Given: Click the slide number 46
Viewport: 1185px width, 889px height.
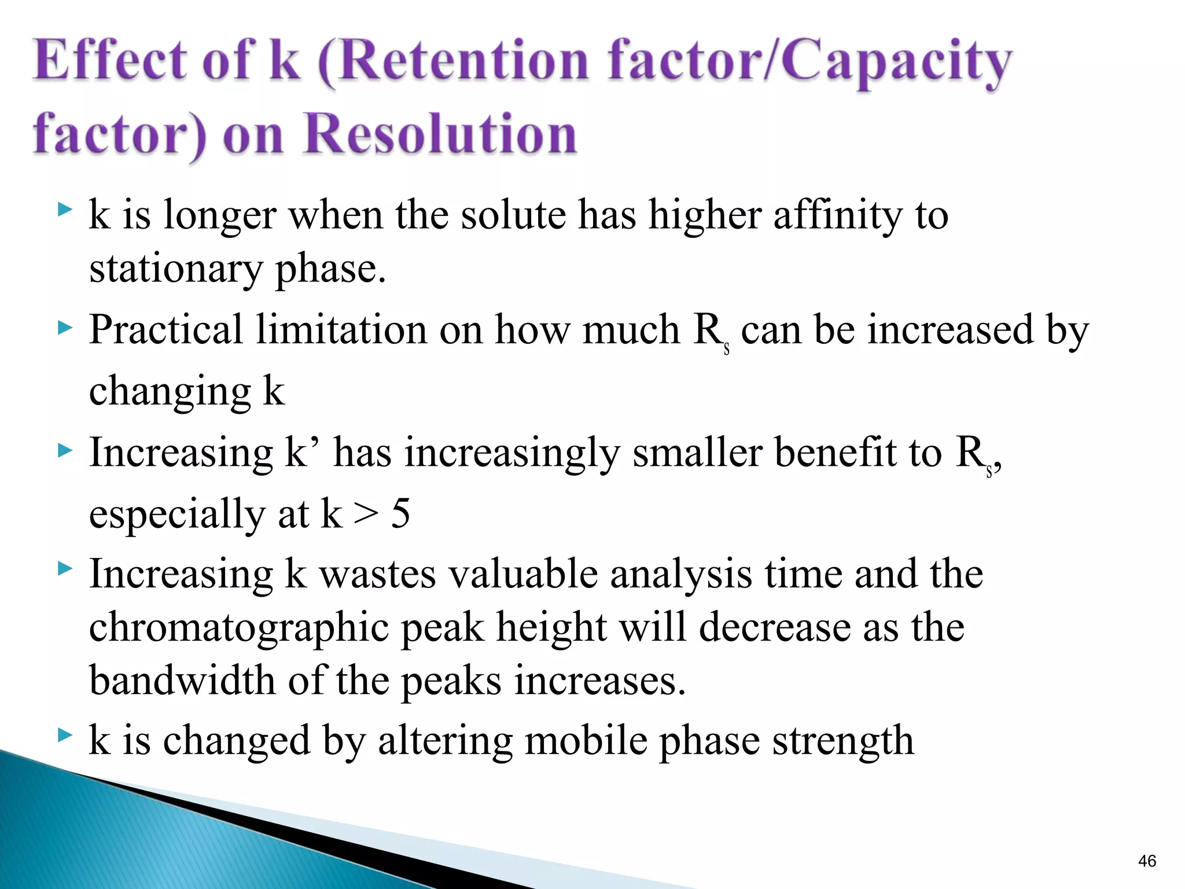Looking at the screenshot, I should coord(1147,861).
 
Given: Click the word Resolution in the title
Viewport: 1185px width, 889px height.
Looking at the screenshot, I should coord(440,134).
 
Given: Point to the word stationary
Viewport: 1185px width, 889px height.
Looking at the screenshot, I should coord(176,269).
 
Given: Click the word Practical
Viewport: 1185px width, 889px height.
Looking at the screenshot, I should coord(165,330).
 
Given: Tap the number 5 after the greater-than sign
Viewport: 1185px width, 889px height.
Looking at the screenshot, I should coord(400,513).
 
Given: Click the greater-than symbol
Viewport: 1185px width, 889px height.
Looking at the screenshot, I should coord(366,514).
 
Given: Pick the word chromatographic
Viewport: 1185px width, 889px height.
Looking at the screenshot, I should coord(238,628).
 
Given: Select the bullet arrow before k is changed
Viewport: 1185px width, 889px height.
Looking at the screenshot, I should coord(65,736).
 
